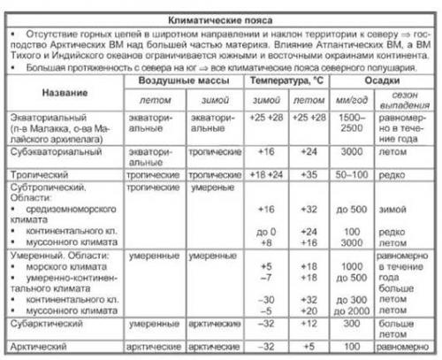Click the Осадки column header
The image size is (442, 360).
(x=379, y=80)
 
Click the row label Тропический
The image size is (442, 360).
(x=40, y=174)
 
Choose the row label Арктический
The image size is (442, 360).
(x=41, y=345)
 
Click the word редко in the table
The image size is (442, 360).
(x=399, y=174)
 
